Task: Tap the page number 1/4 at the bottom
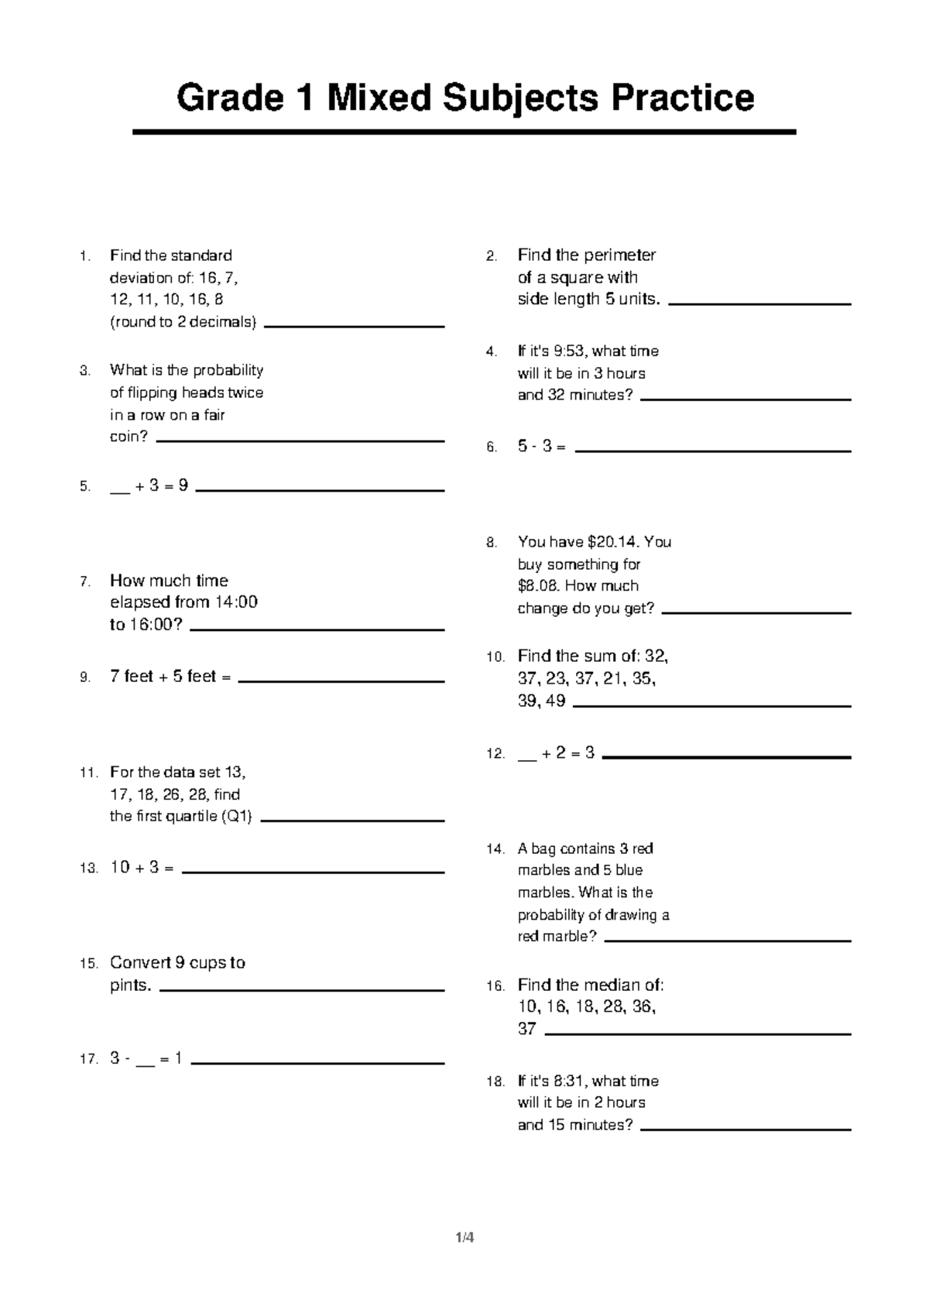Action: tap(464, 1237)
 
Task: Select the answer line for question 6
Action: tap(713, 451)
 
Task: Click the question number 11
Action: tap(89, 773)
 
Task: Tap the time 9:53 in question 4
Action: tap(570, 351)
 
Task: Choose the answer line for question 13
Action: tap(313, 872)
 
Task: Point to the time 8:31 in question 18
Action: tap(570, 1082)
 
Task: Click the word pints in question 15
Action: tap(130, 986)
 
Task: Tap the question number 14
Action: tap(495, 849)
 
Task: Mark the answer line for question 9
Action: tap(341, 681)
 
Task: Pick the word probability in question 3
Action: tap(228, 370)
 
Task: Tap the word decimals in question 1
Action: tap(225, 322)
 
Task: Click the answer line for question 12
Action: tap(726, 757)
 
